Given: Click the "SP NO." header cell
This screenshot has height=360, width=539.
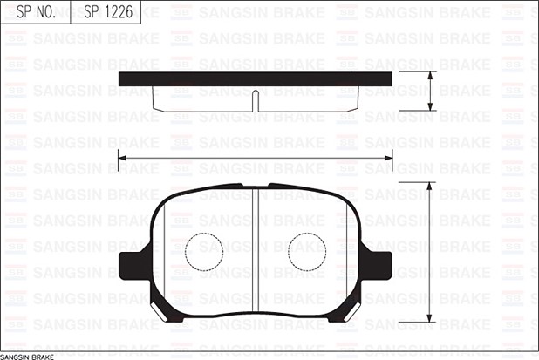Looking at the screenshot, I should (x=30, y=12).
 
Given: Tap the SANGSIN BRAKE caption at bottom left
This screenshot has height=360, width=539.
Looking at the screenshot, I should (x=34, y=355).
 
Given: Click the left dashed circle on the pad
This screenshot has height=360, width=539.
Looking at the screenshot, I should (x=205, y=252).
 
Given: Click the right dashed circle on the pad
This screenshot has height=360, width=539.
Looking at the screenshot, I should (x=307, y=252).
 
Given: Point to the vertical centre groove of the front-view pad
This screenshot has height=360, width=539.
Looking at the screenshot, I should (x=255, y=253).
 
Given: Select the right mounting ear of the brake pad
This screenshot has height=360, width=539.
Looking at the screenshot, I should (x=378, y=264).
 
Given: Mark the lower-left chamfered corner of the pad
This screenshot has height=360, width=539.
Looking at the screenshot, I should (x=161, y=309).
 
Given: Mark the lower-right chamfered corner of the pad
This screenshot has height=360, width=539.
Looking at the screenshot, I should (x=349, y=309).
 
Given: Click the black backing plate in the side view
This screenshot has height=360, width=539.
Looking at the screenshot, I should (x=255, y=79).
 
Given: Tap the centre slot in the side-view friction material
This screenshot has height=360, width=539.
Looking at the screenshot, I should (x=255, y=101).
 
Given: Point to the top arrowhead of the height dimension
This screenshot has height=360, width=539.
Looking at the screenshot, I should (x=430, y=187).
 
